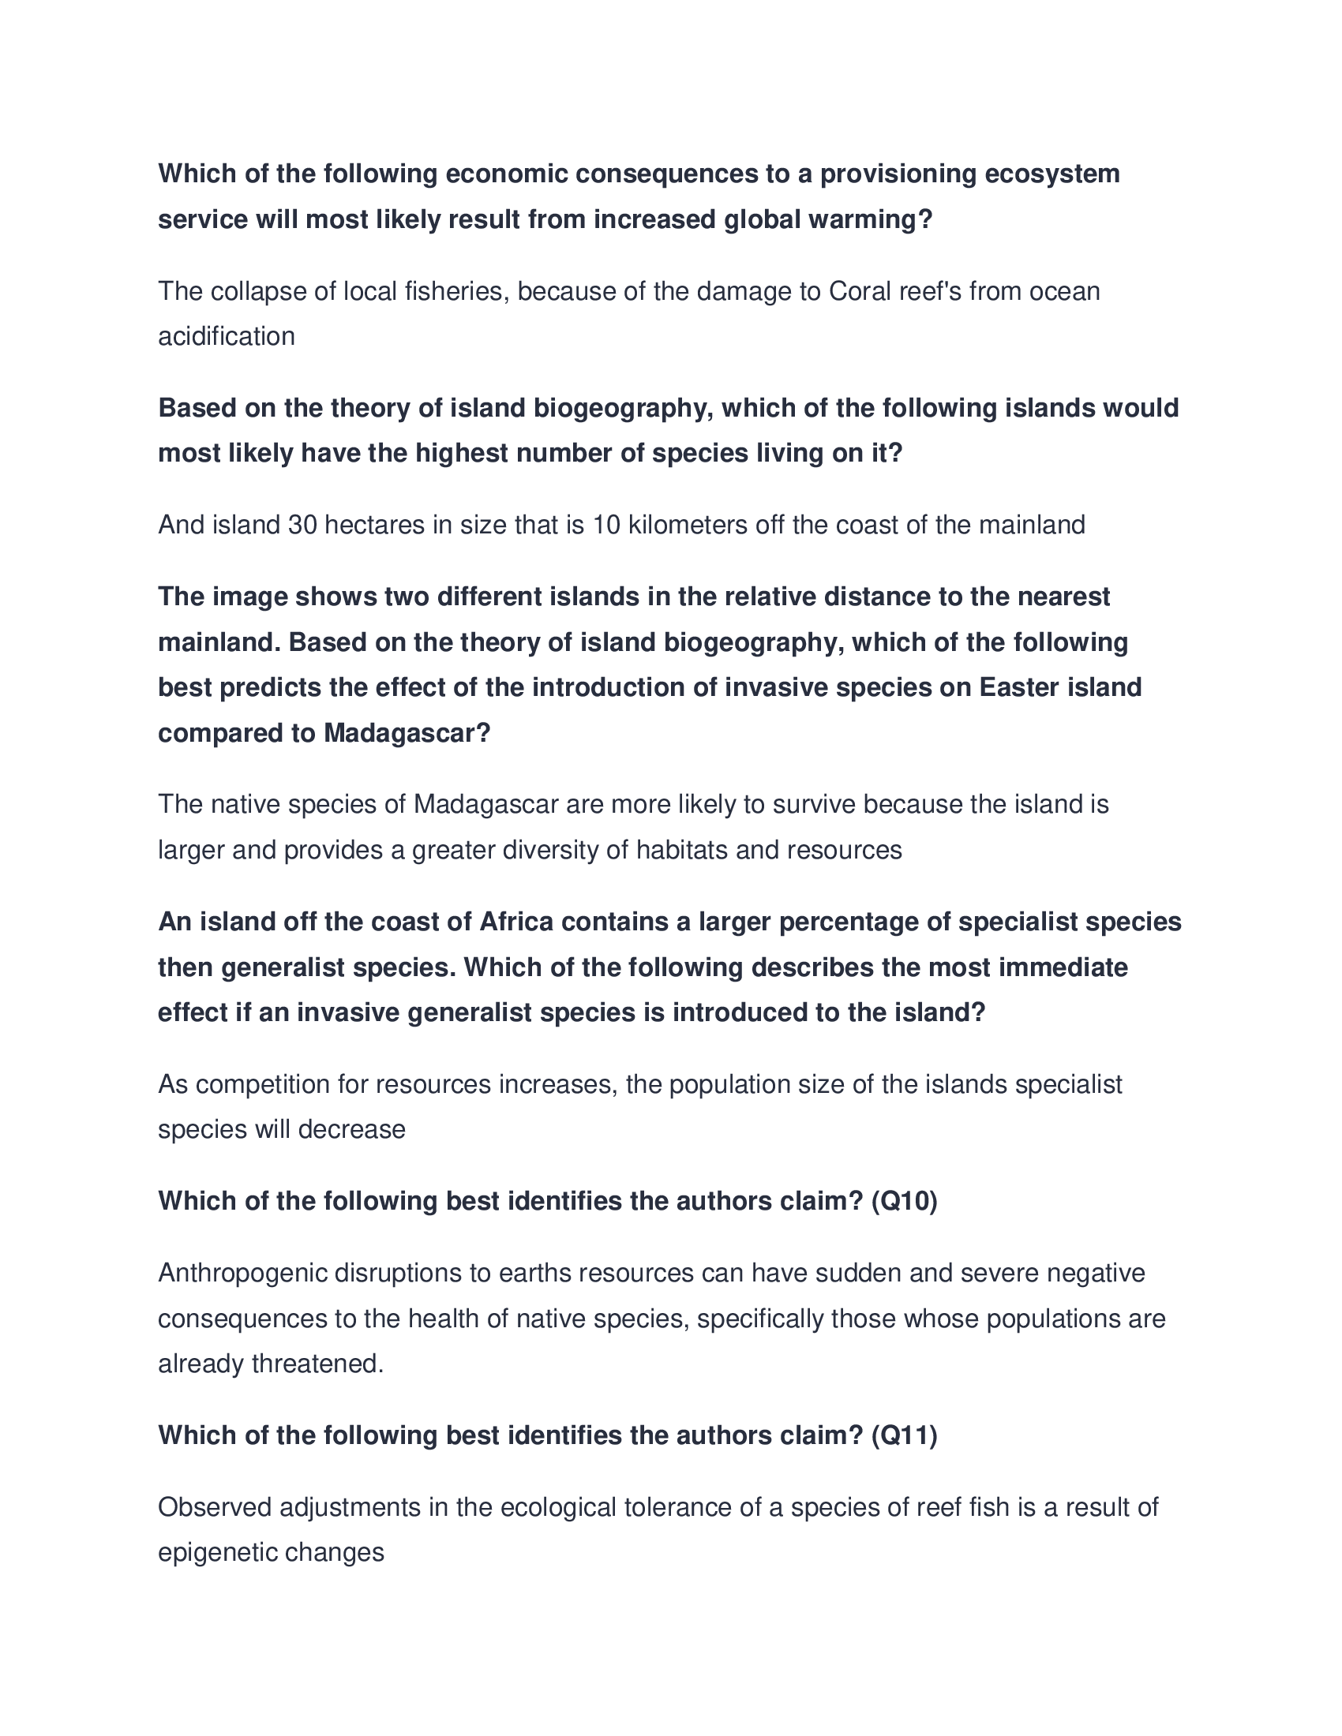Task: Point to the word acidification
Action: (226, 336)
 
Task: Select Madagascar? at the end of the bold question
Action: (407, 732)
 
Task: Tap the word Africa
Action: (515, 921)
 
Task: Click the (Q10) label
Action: (904, 1200)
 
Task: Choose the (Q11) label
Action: (904, 1435)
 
